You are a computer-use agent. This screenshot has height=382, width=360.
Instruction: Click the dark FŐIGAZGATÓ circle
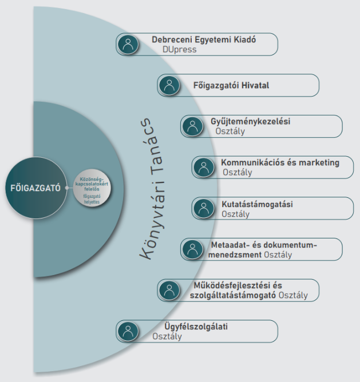coord(36,188)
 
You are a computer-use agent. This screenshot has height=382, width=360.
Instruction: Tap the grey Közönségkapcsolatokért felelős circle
coord(92,188)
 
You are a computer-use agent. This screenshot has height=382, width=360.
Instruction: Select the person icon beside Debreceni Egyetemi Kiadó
coord(128,45)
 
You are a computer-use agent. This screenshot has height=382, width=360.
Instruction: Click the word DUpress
coord(180,49)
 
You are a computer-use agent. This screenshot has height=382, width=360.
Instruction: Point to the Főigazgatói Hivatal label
coord(231,85)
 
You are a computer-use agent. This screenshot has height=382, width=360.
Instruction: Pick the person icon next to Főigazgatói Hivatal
coord(169,85)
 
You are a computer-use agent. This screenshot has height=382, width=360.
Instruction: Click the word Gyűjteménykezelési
coord(251,122)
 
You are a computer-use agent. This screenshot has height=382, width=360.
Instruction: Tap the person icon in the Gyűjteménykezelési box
coord(192,126)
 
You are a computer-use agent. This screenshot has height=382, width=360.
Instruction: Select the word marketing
coord(319,163)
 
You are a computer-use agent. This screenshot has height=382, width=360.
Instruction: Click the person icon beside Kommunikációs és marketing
coord(204,167)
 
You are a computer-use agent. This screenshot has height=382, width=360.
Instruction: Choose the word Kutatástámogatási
coord(257,204)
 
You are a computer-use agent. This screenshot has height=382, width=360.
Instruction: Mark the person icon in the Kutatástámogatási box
coord(204,208)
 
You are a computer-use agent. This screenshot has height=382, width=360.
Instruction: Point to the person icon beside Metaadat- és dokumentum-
coord(192,249)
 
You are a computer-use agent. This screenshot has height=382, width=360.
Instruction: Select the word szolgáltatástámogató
coord(233,295)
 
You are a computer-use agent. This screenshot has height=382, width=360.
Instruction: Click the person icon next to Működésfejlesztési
coord(169,290)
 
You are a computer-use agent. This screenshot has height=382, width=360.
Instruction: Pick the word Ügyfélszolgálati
coord(196,327)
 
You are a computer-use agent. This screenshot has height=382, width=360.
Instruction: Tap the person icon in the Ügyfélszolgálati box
coord(128,331)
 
